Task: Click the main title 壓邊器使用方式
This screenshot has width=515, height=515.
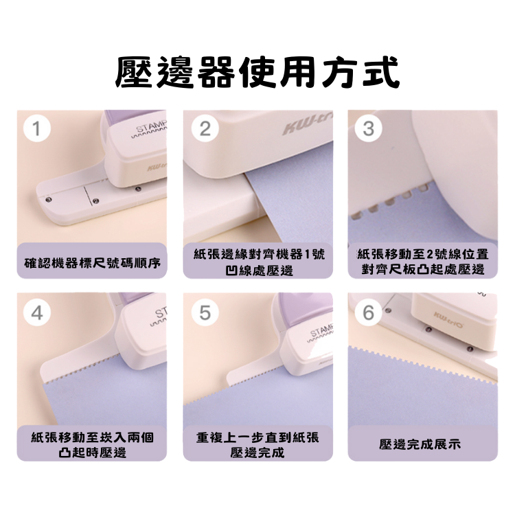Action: [257, 73]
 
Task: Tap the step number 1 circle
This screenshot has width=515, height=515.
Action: [37, 128]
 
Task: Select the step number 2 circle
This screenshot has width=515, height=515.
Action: [205, 128]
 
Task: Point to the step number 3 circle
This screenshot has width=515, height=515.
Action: [368, 128]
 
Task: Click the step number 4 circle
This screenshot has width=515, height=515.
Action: [37, 312]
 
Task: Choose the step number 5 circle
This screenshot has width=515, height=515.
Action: [205, 312]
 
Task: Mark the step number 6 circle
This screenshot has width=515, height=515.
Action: [368, 312]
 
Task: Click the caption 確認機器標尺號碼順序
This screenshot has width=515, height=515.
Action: [92, 263]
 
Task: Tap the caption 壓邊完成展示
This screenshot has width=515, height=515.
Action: [420, 444]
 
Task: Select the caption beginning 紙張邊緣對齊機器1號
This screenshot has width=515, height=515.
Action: [259, 262]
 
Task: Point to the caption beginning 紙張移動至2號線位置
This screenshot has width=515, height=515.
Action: [423, 262]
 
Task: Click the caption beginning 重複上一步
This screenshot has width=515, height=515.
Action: [257, 445]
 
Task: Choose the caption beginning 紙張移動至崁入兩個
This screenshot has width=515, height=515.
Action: [92, 445]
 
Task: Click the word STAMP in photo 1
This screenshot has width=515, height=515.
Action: [152, 127]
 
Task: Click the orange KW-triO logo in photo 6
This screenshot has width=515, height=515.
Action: [448, 319]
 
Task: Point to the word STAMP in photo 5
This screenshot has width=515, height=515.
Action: [322, 331]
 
